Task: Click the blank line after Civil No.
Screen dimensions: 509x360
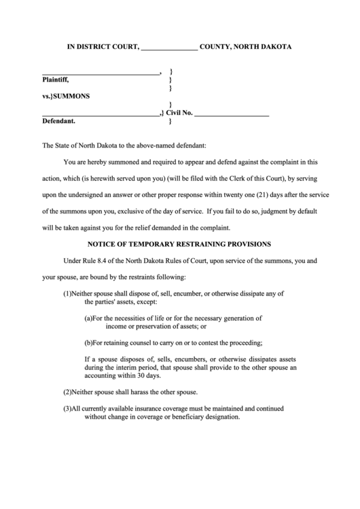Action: coord(232,113)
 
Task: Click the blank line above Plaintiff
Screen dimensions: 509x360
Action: coord(101,72)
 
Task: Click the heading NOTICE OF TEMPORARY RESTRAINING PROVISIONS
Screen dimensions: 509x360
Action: coord(179,243)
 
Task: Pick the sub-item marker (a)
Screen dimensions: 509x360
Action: coord(88,317)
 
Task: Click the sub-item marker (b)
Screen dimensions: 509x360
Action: coord(88,342)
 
